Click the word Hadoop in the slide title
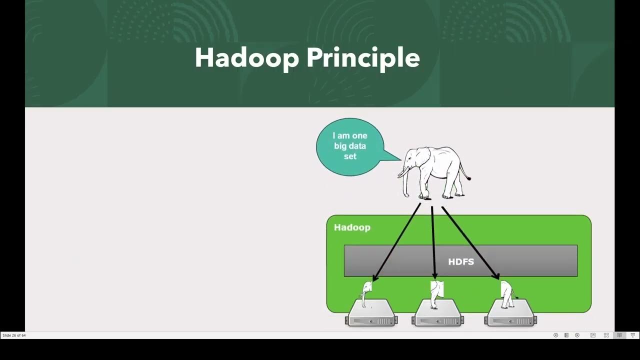[x=246, y=58]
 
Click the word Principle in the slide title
[x=362, y=59]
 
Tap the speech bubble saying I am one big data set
[x=350, y=146]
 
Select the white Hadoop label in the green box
[x=352, y=227]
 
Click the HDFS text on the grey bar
[x=460, y=261]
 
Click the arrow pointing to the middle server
[x=433, y=240]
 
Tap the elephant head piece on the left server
[x=367, y=292]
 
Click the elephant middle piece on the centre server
[x=437, y=292]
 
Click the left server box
[x=371, y=314]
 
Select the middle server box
[x=437, y=314]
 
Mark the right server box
[x=510, y=314]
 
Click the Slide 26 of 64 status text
[x=14, y=335]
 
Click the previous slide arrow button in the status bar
[x=555, y=335]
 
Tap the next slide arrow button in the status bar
[x=577, y=335]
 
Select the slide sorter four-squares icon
[x=606, y=335]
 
